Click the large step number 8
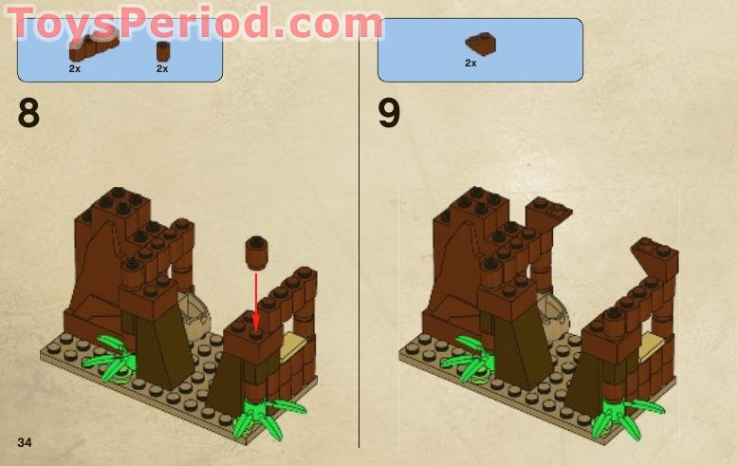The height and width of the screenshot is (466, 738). [x=28, y=114]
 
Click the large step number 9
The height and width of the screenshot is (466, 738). [x=389, y=114]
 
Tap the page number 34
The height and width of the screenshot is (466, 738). [x=25, y=442]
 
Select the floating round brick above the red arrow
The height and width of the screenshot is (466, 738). [x=255, y=252]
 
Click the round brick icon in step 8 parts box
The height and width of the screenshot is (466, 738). [x=162, y=50]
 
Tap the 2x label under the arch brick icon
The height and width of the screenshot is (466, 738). [x=75, y=68]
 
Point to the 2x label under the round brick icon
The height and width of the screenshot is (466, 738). [x=162, y=68]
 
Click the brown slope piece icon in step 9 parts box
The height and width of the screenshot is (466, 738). [x=481, y=43]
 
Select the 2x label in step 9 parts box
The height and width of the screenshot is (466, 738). [x=470, y=63]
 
